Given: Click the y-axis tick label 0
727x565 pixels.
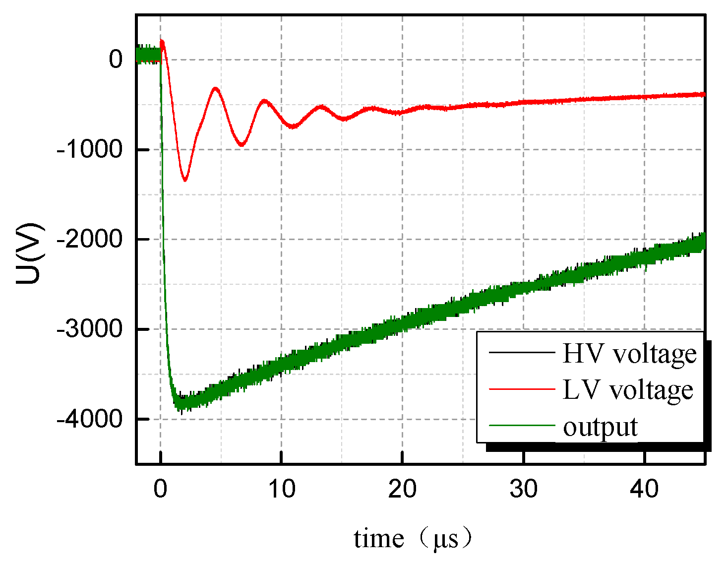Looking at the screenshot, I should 116,60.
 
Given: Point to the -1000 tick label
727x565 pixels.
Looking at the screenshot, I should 89,149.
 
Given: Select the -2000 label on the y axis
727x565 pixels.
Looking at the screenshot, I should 89,240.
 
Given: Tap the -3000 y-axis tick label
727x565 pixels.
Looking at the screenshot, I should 89,329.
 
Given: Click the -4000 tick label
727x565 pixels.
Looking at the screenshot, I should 89,419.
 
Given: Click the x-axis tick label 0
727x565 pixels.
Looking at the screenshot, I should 160,489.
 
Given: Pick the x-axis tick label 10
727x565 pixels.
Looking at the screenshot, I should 281,489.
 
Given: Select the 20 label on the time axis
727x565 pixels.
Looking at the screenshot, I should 402,489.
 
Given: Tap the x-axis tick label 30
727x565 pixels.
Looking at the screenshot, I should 523,489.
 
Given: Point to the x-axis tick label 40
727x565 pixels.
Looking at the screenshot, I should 644,489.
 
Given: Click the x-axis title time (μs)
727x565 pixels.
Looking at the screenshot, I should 413,539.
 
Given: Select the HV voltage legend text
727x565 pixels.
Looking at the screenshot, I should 629,353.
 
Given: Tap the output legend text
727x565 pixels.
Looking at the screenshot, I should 600,427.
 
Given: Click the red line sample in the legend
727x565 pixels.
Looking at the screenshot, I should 522,389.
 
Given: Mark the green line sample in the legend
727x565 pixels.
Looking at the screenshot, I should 522,426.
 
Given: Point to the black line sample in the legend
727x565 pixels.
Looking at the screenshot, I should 522,352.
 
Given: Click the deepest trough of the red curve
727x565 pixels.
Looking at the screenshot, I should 185,180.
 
